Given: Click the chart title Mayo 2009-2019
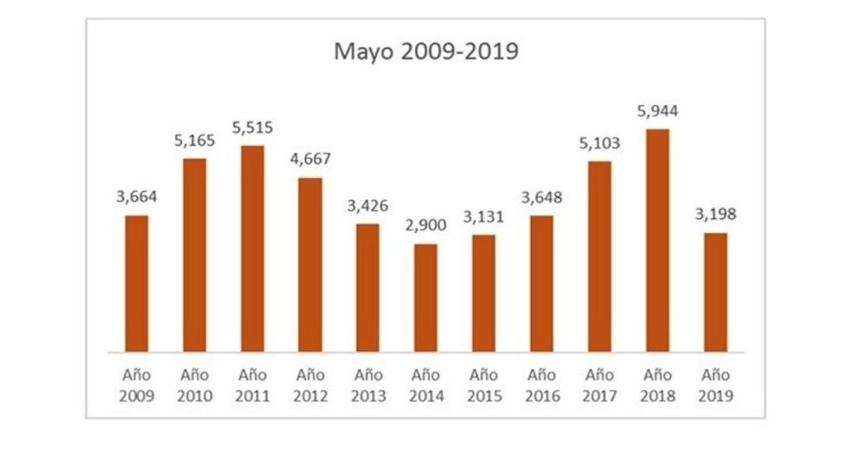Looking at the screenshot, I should click(426, 52).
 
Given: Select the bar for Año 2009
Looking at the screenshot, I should click(136, 284).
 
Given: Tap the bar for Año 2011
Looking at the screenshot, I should click(252, 249).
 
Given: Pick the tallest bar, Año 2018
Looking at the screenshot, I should click(657, 241).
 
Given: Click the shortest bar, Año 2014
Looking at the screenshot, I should click(425, 299).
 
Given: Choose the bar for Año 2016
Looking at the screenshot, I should click(541, 284).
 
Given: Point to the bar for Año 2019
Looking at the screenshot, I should click(715, 293).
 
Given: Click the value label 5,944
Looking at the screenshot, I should click(657, 111).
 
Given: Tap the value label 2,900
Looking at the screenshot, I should click(425, 226).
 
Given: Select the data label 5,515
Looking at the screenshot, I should click(252, 128).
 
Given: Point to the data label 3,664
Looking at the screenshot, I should click(136, 197).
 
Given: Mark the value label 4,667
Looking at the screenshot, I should click(310, 160).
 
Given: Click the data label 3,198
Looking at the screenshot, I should click(715, 214).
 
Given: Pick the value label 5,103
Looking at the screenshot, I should click(599, 143).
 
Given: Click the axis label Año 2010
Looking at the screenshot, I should click(194, 386).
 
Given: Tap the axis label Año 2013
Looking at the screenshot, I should click(368, 386).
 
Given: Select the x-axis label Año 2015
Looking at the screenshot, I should click(483, 386).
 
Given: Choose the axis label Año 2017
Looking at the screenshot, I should click(599, 386).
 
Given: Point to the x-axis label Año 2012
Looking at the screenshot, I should click(310, 386).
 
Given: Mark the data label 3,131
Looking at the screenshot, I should click(483, 217).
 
